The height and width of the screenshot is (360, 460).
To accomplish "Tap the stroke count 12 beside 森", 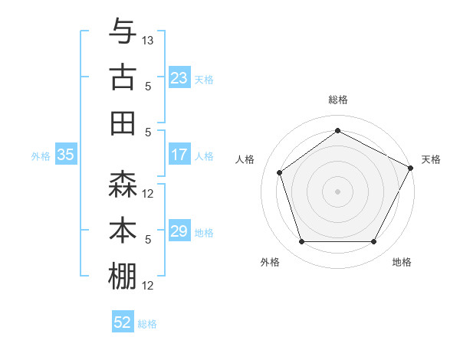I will coord(148,194).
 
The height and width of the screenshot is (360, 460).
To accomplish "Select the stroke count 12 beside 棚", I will coord(148,286).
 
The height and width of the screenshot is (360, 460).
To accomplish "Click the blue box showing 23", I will coord(179,77).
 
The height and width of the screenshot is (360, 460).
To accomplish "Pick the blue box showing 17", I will coord(179,155).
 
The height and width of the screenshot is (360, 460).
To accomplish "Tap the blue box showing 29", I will coord(179,231).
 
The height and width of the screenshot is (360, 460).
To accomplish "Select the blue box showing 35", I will coord(65,155).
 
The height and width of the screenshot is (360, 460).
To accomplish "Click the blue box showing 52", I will coord(123,322).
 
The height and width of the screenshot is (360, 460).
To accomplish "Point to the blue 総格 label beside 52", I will coord(147,324).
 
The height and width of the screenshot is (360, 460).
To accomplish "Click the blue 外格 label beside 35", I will coord(41,156).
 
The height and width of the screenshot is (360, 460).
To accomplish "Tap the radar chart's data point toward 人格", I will coord(280,172).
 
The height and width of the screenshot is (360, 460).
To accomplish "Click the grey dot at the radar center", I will coord(337,191).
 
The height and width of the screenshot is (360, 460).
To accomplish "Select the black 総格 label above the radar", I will coord(337,100).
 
